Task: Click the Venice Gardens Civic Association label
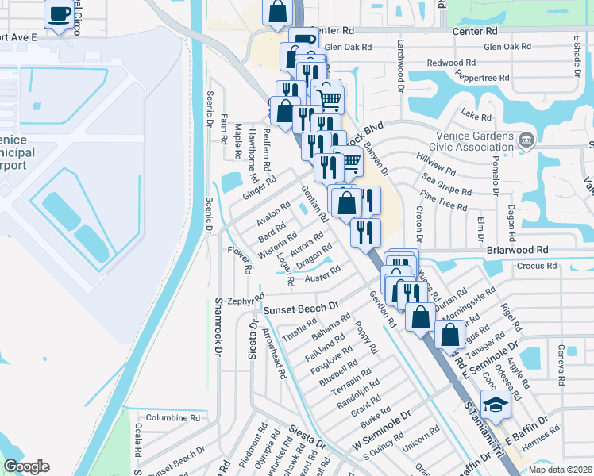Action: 474,141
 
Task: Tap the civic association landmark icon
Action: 526,141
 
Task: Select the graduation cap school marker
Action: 496,405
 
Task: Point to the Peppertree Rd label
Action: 483,78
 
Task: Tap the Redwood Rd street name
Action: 450,62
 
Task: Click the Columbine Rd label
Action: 172,417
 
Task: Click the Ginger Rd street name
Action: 259,189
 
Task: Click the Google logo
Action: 26,466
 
